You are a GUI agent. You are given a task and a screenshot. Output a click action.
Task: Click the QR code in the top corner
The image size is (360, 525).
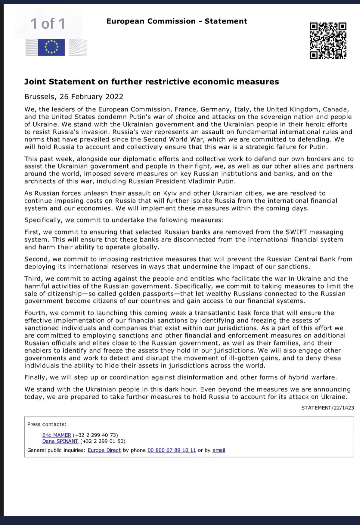[328, 41]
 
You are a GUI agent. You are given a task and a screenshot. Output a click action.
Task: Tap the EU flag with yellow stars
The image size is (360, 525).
[51, 47]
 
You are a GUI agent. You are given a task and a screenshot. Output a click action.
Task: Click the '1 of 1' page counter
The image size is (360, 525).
[48, 24]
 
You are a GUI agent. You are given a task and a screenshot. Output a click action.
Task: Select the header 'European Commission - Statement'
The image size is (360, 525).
[177, 21]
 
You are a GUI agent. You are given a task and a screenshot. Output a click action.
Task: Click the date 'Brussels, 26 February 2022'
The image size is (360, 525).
[74, 97]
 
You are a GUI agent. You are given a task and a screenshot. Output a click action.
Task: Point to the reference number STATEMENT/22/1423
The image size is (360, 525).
[327, 408]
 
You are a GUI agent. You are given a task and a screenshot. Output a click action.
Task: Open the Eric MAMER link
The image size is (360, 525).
[56, 435]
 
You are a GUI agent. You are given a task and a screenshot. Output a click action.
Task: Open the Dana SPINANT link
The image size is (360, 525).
[60, 441]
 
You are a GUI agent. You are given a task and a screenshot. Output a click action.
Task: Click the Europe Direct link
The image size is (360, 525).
[104, 450]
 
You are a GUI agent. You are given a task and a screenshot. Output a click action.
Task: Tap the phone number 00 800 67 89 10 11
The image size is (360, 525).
[172, 450]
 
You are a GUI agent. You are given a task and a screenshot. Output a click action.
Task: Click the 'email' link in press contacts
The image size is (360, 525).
[219, 450]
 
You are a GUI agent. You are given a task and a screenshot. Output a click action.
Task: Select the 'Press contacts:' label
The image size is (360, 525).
[47, 424]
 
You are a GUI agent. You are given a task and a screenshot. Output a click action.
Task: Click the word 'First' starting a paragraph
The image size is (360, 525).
[32, 232]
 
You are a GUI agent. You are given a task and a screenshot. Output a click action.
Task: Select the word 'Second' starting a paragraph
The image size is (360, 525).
[36, 259]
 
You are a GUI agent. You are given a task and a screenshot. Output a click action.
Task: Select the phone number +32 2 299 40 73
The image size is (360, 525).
[95, 435]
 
